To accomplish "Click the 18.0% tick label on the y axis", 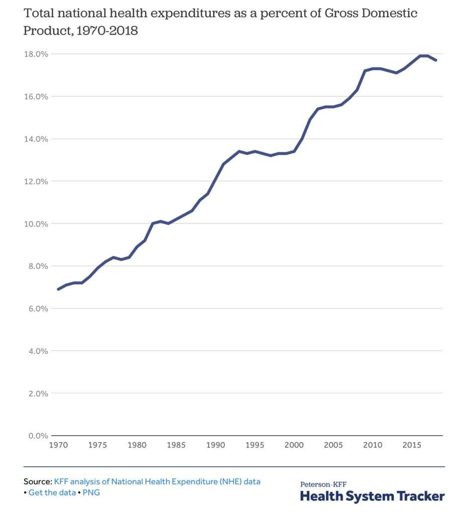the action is [36, 54].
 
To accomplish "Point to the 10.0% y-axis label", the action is [36, 224].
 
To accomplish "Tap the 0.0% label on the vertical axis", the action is [38, 436].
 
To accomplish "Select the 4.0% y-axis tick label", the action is [38, 351].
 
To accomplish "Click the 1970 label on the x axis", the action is [58, 445].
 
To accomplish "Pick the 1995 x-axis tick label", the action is [255, 445].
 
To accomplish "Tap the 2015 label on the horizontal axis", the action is [412, 445].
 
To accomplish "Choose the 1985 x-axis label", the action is [176, 445].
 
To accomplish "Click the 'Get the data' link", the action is [52, 492].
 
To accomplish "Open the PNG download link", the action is [91, 492].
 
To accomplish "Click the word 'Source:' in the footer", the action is [38, 481].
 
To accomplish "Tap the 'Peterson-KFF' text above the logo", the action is [323, 484].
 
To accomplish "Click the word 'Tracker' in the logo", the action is [421, 496].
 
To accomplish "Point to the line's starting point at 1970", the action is [58, 289].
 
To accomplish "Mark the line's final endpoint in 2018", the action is [435, 60].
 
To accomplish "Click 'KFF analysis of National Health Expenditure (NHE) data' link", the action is [157, 481].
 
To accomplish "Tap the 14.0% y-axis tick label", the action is [36, 139].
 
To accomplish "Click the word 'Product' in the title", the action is [48, 31].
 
